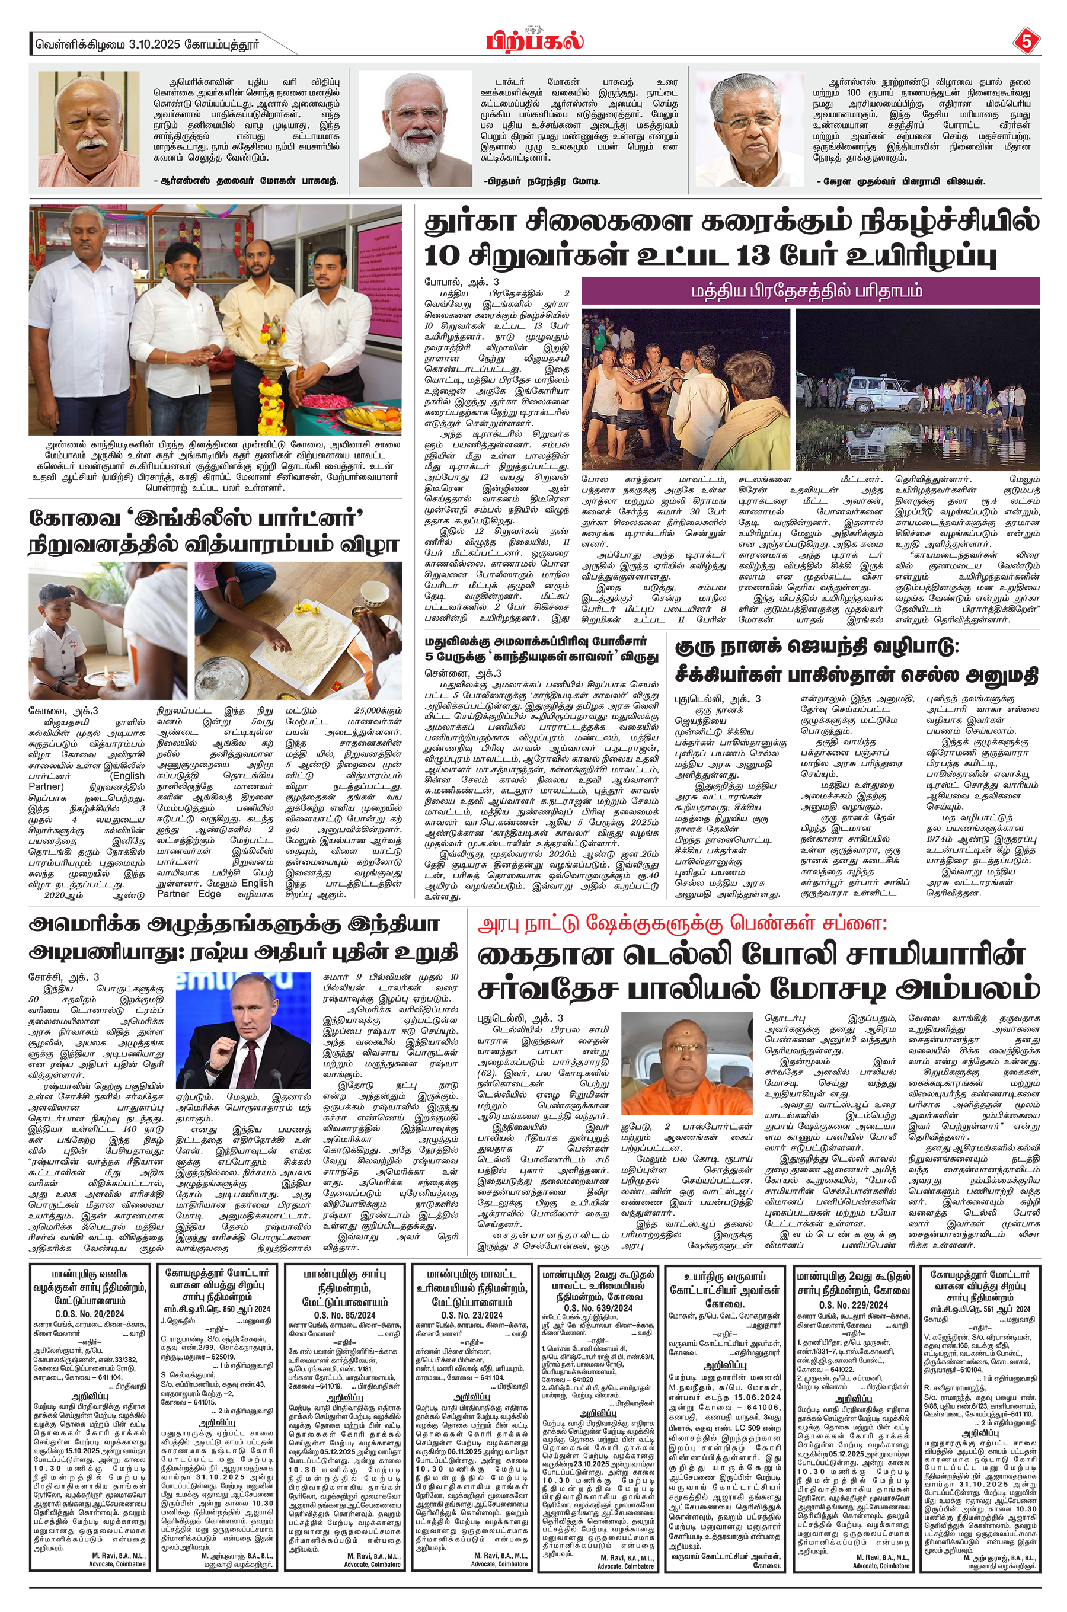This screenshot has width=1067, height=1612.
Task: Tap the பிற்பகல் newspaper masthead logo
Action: pyautogui.click(x=535, y=40)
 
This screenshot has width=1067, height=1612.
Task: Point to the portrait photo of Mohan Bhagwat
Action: pyautogui.click(x=88, y=129)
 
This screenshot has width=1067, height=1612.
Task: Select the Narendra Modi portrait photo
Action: pyautogui.click(x=415, y=129)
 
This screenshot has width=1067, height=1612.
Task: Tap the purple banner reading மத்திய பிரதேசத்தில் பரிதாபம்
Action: pyautogui.click(x=810, y=291)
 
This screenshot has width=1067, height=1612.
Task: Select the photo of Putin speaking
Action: pyautogui.click(x=243, y=1030)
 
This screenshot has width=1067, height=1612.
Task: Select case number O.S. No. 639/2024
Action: pyautogui.click(x=598, y=1308)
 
